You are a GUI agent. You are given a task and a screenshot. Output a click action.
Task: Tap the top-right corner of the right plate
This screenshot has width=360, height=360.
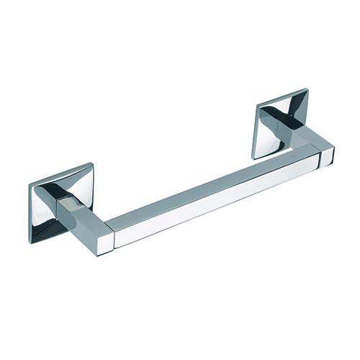[x=310, y=87]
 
